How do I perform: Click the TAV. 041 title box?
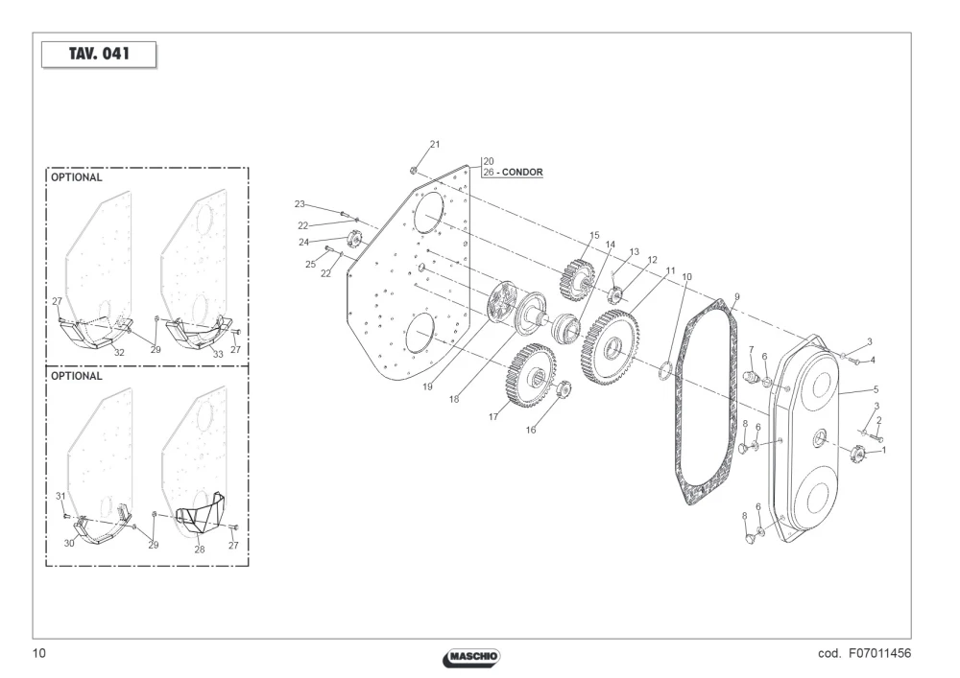[x=99, y=55]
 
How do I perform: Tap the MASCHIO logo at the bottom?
[x=470, y=657]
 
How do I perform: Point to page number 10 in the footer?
[x=38, y=653]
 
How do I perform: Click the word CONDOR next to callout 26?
[x=522, y=173]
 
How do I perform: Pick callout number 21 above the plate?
[x=435, y=144]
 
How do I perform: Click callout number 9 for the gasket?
[x=737, y=297]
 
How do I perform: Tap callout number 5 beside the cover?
[x=876, y=389]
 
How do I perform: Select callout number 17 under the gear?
[x=493, y=417]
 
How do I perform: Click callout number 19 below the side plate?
[x=427, y=386]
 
